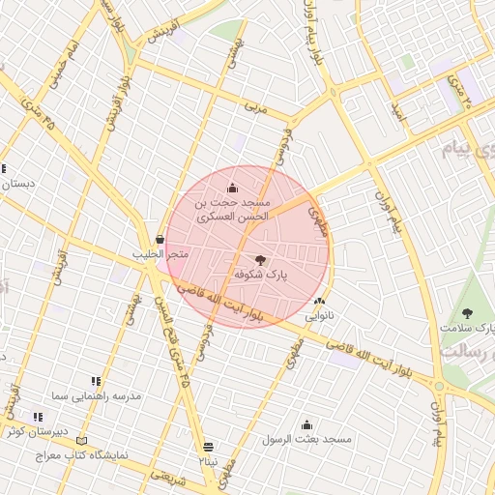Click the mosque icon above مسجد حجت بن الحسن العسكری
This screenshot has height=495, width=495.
click(x=232, y=188)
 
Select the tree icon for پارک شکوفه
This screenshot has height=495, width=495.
click(x=259, y=259)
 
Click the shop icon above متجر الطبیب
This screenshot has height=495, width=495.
click(x=159, y=239)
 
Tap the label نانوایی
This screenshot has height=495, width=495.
click(x=319, y=316)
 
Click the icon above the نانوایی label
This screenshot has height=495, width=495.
click(x=319, y=302)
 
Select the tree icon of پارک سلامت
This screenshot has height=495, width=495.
click(x=468, y=313)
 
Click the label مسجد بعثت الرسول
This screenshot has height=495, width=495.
click(x=306, y=440)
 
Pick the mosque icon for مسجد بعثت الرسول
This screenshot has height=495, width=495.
click(x=306, y=424)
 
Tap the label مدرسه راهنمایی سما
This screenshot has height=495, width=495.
click(x=97, y=396)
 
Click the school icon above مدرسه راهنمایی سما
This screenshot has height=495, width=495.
click(x=96, y=382)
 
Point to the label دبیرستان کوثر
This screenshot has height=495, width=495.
click(x=37, y=432)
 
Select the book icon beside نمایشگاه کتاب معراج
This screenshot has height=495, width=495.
click(x=81, y=441)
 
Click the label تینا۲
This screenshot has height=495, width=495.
click(x=209, y=461)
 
